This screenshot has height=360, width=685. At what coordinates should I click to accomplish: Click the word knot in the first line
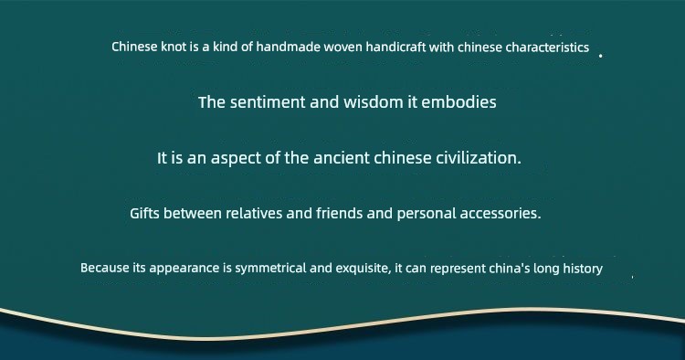[x=174, y=47]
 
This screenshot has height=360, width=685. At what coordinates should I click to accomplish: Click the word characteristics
[x=547, y=48]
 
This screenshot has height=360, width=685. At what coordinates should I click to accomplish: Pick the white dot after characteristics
[x=600, y=56]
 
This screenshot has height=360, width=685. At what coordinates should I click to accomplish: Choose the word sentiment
[x=268, y=102]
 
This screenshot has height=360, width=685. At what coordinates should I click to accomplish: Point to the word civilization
[x=479, y=158]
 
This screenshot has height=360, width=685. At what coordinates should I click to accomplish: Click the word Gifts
[x=144, y=214]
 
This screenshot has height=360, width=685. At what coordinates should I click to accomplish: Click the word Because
[x=105, y=268]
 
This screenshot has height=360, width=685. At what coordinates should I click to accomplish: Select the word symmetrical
[x=271, y=269]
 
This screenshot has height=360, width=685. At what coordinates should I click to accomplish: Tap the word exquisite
[x=364, y=269]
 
